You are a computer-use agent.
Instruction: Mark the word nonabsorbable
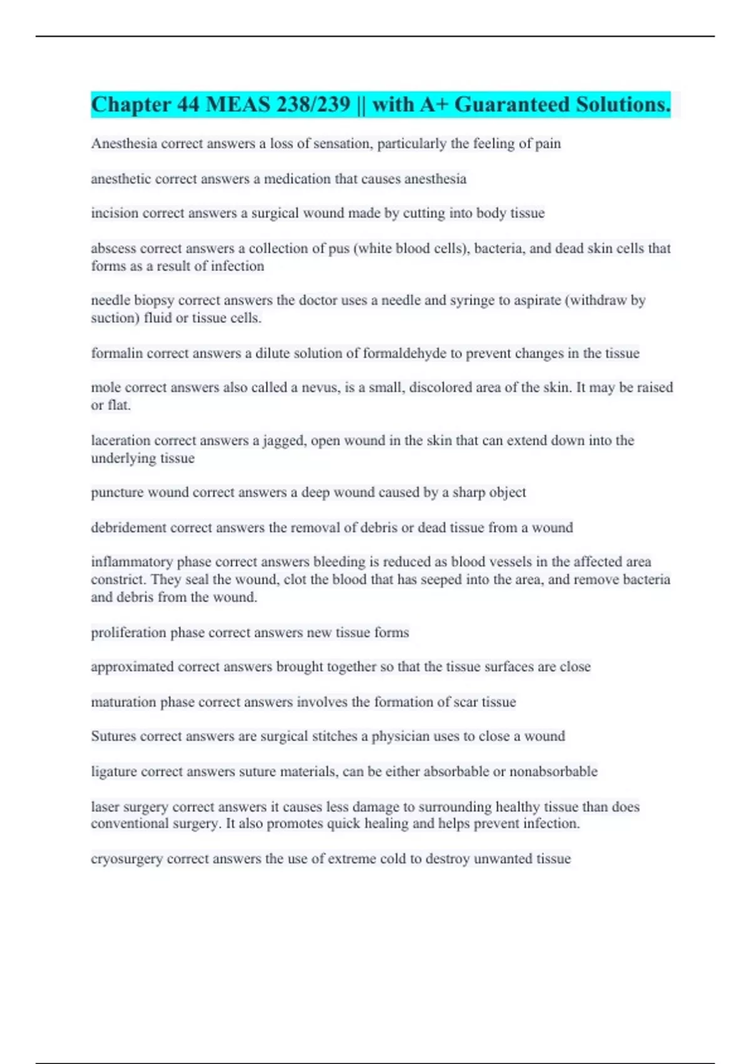[x=553, y=772]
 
